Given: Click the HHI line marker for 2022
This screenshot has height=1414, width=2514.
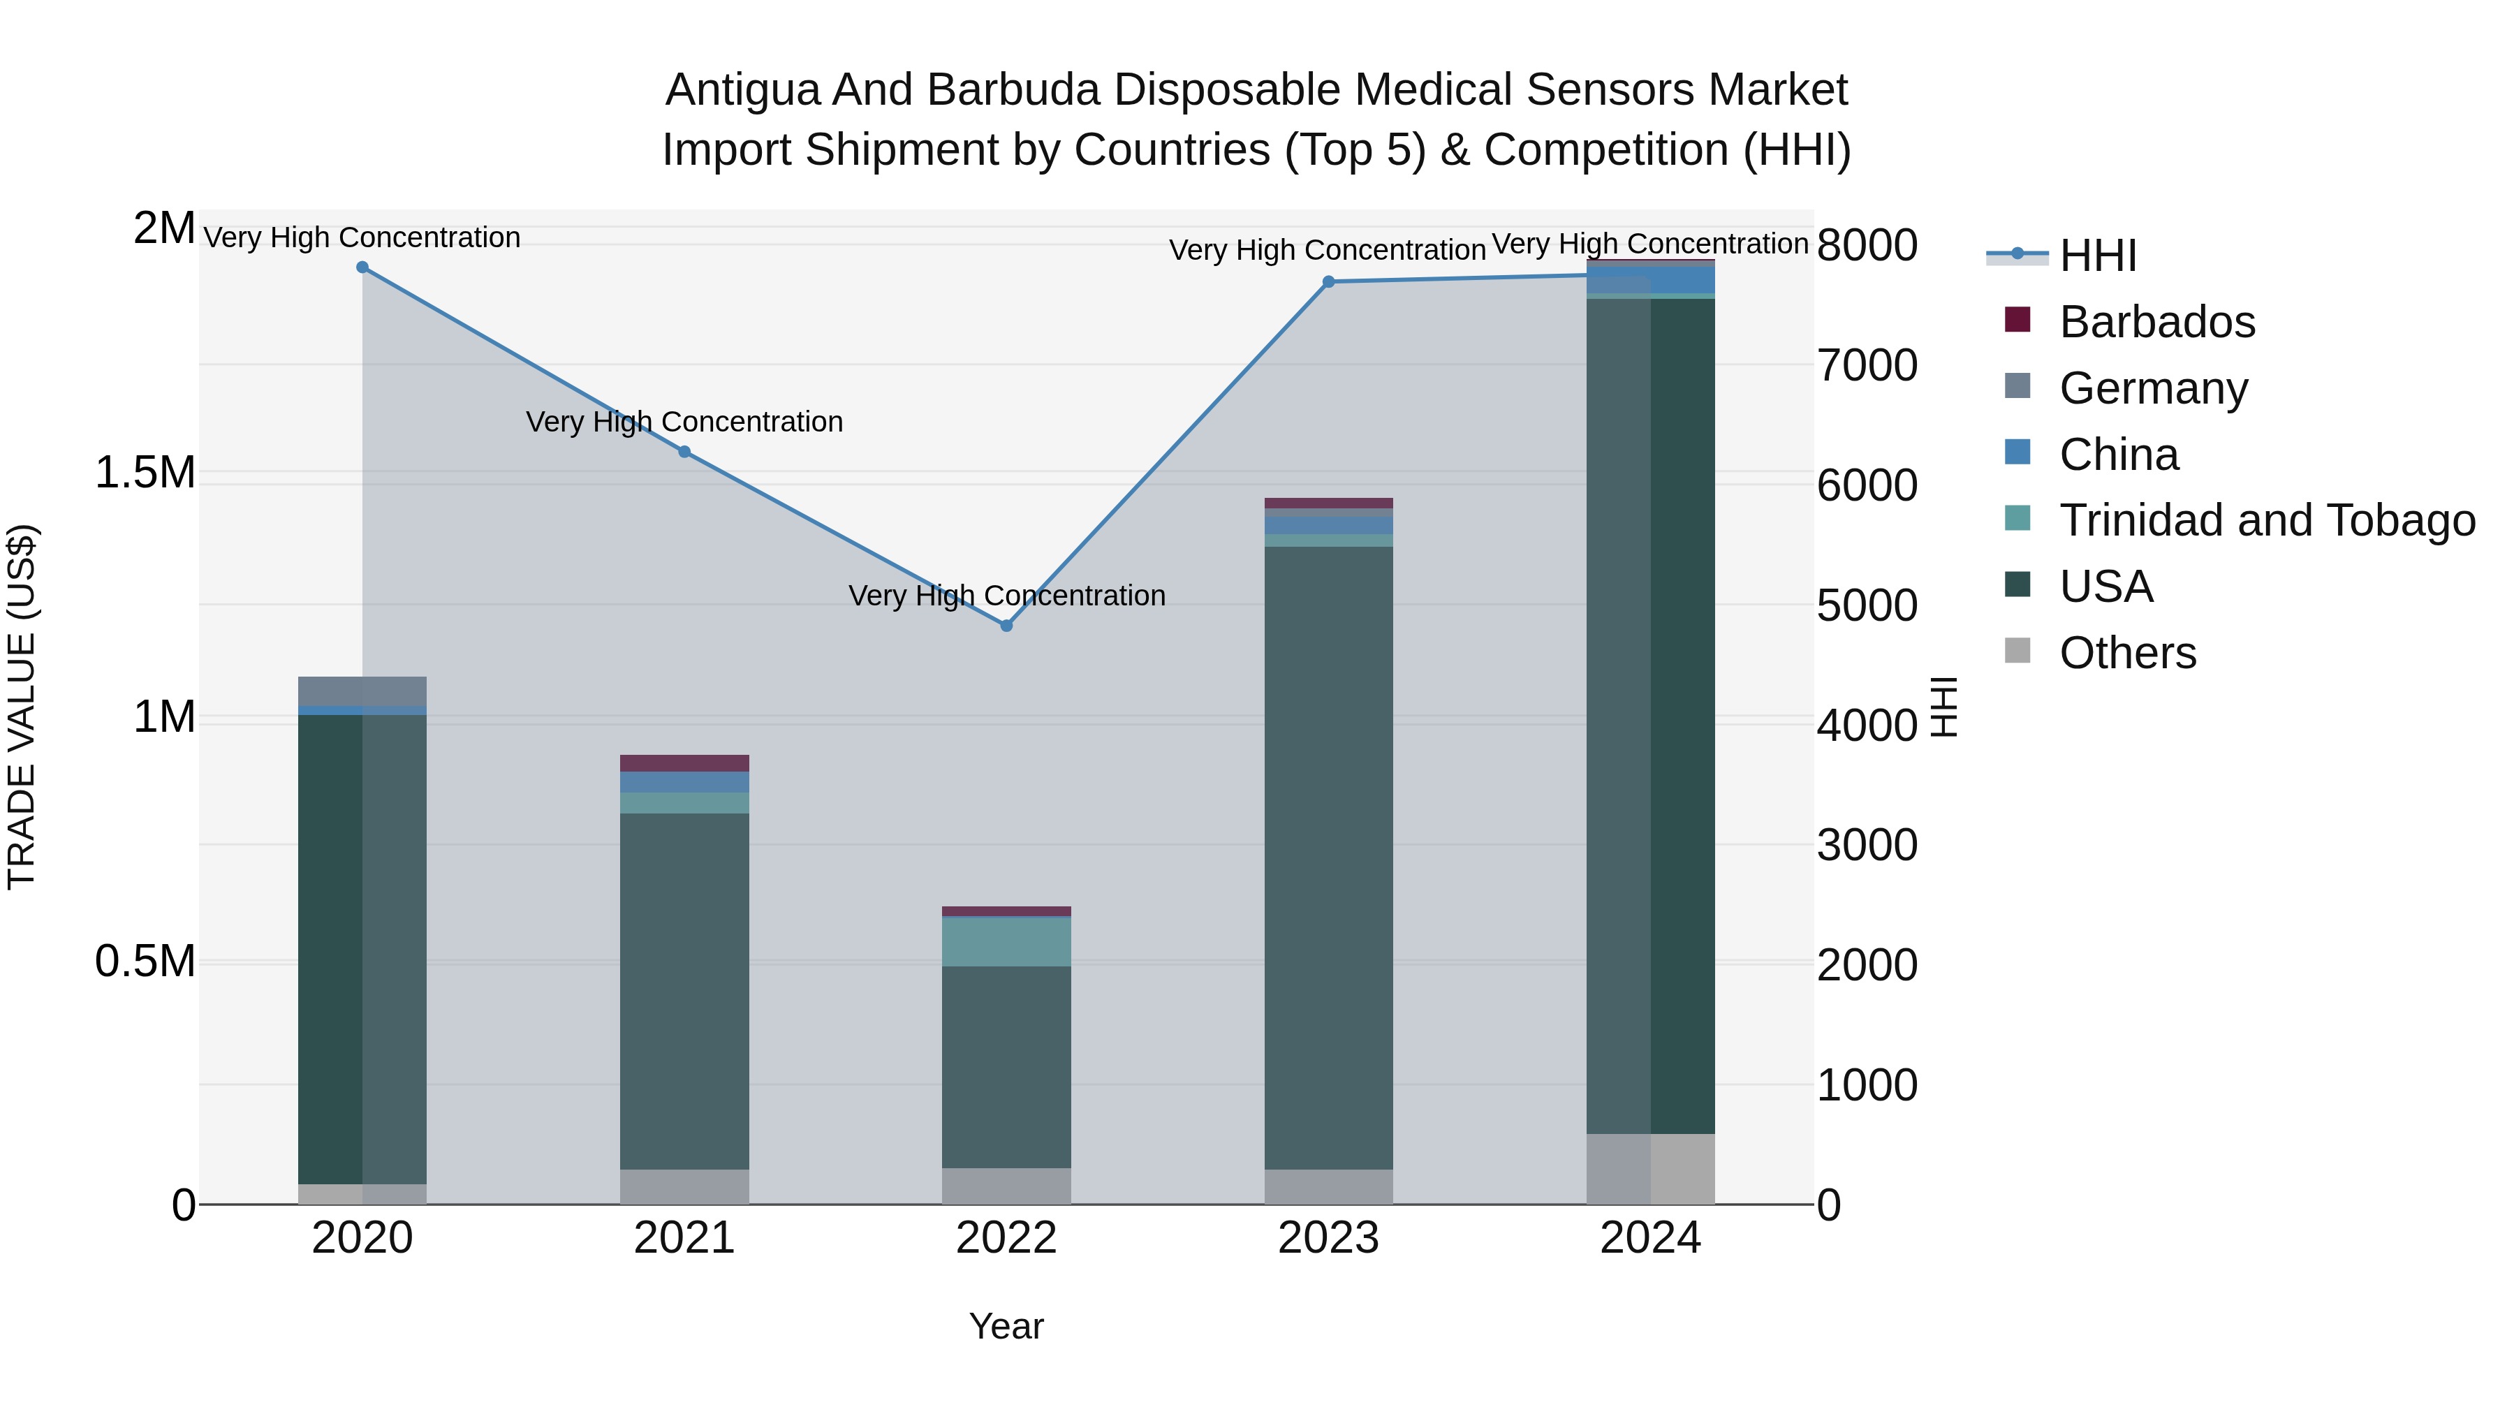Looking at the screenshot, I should [1006, 626].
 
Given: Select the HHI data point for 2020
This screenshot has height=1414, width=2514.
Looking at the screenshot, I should [362, 267].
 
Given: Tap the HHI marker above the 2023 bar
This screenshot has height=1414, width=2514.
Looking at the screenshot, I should [1328, 282].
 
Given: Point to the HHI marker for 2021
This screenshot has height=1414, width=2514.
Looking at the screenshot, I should [684, 452].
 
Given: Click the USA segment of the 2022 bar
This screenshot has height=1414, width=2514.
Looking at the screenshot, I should [1006, 1066].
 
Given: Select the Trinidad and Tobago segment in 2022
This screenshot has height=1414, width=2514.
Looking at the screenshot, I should [1006, 942].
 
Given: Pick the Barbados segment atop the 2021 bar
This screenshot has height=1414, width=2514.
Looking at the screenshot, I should [684, 763].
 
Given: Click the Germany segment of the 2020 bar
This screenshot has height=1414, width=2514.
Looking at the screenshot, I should [362, 691].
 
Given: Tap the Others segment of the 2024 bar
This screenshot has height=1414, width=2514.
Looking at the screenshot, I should [1650, 1168].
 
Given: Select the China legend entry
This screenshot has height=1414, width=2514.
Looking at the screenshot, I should [2118, 455].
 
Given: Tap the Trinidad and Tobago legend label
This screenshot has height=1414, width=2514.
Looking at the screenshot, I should [2266, 520].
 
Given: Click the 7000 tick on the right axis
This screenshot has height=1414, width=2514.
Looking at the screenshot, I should [1867, 366].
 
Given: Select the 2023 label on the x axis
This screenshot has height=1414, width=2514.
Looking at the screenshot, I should [1328, 1238].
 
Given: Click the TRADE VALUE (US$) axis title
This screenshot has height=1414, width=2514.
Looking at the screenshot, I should [22, 707].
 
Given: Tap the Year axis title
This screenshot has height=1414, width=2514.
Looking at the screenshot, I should [1006, 1326].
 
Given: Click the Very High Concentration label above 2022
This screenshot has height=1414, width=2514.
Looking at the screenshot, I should [1006, 595].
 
